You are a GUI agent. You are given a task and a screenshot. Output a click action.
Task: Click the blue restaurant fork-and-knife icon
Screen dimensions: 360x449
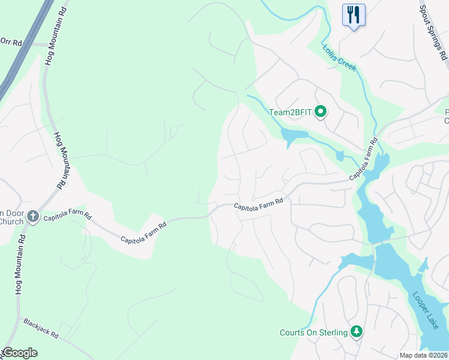[354, 14]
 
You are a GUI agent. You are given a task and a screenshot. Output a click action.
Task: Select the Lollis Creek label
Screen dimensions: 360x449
[340, 58]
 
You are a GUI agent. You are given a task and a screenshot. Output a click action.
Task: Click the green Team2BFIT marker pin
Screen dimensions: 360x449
[321, 111]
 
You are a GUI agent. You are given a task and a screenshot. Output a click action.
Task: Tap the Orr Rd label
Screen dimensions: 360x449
[11, 41]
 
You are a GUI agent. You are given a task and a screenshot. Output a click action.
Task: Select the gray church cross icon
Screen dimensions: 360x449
[33, 216]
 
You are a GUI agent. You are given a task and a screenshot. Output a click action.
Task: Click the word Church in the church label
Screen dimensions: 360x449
[11, 221]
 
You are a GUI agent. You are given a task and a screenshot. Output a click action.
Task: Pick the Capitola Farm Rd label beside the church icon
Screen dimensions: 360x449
[67, 216]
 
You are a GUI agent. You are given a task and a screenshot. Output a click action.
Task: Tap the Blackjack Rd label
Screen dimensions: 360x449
[41, 327]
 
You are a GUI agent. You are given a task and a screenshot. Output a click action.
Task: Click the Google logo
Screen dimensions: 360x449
[20, 352]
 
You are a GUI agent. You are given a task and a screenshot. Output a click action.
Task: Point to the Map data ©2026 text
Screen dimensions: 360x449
[423, 355]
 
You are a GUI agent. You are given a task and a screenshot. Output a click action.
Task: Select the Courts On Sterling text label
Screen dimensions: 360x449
[313, 332]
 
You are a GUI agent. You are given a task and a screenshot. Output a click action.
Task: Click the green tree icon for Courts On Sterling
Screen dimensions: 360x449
[357, 332]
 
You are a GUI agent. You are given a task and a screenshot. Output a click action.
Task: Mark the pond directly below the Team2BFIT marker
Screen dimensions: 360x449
[292, 136]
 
